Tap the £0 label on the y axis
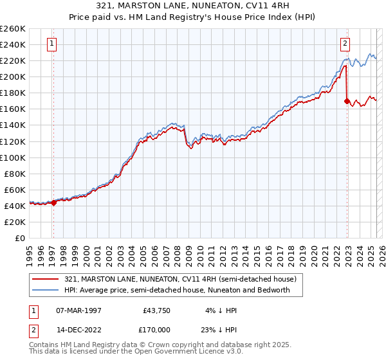click(21, 239)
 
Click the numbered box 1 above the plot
click(51, 44)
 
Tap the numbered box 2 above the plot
click(345, 44)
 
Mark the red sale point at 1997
click(53, 203)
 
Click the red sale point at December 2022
click(347, 101)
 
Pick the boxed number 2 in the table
click(33, 329)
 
